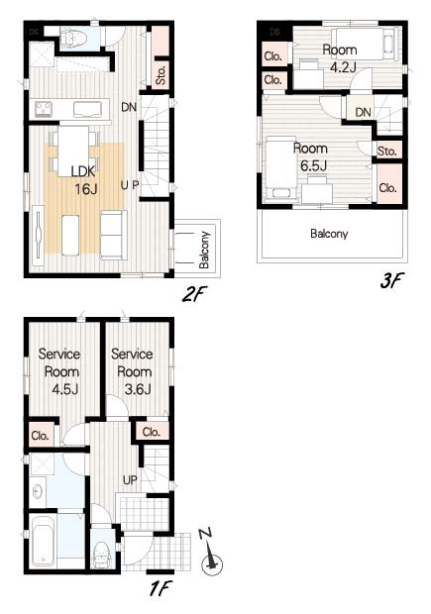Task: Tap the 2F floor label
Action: pyautogui.click(x=192, y=294)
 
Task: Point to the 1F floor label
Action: pyautogui.click(x=162, y=588)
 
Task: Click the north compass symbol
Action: pyautogui.click(x=210, y=562)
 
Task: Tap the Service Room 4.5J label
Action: pyautogui.click(x=59, y=370)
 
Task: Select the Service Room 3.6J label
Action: pyautogui.click(x=131, y=370)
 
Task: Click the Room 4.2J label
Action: pyautogui.click(x=340, y=58)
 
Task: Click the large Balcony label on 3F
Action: pyautogui.click(x=329, y=235)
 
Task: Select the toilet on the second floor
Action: pyautogui.click(x=75, y=38)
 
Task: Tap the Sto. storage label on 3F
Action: pyautogui.click(x=387, y=151)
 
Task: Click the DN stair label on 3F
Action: pyautogui.click(x=363, y=112)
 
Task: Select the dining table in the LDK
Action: pyautogui.click(x=74, y=140)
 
